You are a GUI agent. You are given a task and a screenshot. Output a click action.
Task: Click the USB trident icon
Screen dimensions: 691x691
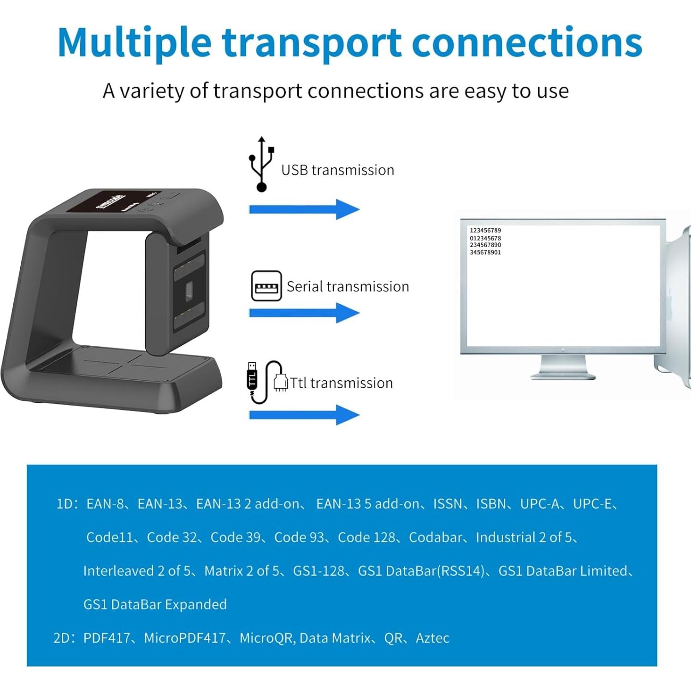pyautogui.click(x=261, y=165)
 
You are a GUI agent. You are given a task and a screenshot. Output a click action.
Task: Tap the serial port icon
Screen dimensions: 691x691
pyautogui.click(x=266, y=286)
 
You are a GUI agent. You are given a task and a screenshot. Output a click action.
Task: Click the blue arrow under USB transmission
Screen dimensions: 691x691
pyautogui.click(x=304, y=210)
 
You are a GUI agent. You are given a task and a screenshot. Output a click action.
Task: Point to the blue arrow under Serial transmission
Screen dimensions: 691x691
pyautogui.click(x=304, y=313)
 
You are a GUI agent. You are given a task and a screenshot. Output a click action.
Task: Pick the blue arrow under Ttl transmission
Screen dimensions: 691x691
pyautogui.click(x=304, y=415)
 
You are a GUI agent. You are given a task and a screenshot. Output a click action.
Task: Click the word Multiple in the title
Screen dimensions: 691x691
pyautogui.click(x=134, y=42)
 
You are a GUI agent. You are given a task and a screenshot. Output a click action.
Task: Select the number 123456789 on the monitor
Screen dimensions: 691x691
pyautogui.click(x=485, y=230)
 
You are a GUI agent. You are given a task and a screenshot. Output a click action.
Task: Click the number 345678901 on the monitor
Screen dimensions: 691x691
pyautogui.click(x=485, y=253)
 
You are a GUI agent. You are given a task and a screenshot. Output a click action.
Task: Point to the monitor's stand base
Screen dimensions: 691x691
pyautogui.click(x=563, y=375)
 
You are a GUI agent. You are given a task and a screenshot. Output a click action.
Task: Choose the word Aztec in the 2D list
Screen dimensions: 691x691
pyautogui.click(x=432, y=638)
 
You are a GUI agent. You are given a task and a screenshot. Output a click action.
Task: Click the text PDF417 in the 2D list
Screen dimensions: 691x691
pyautogui.click(x=106, y=638)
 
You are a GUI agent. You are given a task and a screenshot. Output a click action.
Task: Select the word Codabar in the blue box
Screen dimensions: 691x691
pyautogui.click(x=435, y=537)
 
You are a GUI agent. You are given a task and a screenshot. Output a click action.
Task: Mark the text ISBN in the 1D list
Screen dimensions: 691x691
pyautogui.click(x=491, y=504)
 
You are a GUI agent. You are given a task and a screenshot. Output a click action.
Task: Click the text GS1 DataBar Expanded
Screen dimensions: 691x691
pyautogui.click(x=155, y=604)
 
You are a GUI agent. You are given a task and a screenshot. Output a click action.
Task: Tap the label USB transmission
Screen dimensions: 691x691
pyautogui.click(x=337, y=170)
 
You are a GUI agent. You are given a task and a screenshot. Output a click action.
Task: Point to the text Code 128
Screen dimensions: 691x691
pyautogui.click(x=366, y=537)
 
